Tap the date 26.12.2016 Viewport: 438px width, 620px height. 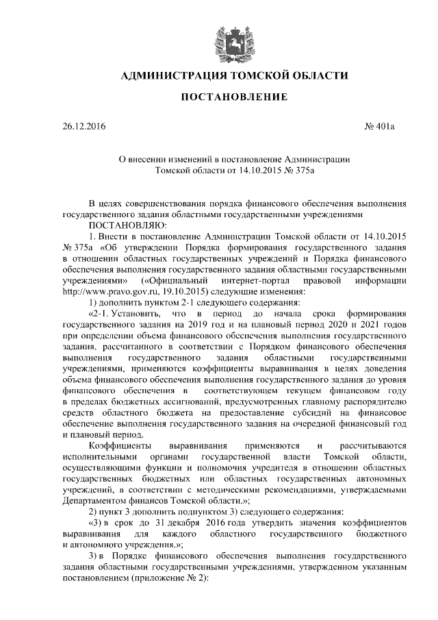tap(81, 127)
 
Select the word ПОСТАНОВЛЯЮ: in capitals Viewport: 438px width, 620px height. tap(124, 224)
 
